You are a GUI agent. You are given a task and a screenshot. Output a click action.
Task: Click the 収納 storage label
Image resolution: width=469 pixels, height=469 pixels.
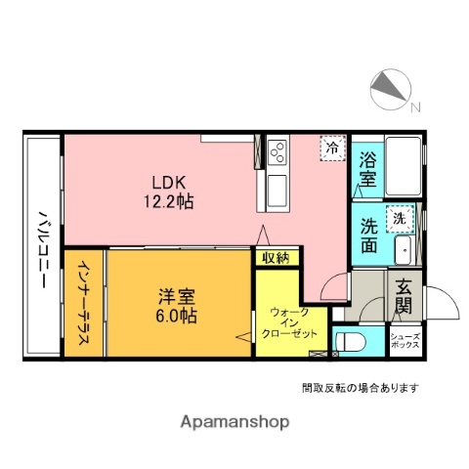coord(276,258)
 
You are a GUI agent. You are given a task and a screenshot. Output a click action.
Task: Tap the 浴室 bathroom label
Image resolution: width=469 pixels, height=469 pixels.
coord(367,170)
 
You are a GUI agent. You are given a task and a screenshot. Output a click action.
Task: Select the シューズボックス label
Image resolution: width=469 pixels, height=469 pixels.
coord(405,341)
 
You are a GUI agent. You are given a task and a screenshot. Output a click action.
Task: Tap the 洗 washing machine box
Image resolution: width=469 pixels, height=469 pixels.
coord(399,220)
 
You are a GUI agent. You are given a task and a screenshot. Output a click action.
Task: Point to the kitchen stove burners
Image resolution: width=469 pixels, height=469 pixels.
coord(277,151)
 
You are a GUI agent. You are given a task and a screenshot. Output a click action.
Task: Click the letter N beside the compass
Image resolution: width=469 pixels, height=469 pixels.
coord(415,107)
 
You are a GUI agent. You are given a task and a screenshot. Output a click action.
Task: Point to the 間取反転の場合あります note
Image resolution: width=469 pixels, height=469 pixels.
coord(361,388)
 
